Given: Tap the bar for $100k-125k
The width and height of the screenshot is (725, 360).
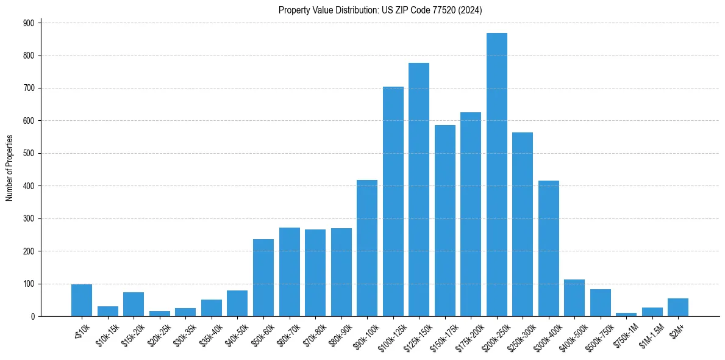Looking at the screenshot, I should click(393, 201).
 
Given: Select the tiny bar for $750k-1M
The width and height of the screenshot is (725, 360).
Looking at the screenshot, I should click(626, 314).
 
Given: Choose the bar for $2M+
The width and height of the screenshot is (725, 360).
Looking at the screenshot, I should click(678, 308).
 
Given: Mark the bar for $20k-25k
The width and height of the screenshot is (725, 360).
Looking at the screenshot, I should click(160, 314).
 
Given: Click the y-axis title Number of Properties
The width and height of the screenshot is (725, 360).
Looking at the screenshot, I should click(9, 168).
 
